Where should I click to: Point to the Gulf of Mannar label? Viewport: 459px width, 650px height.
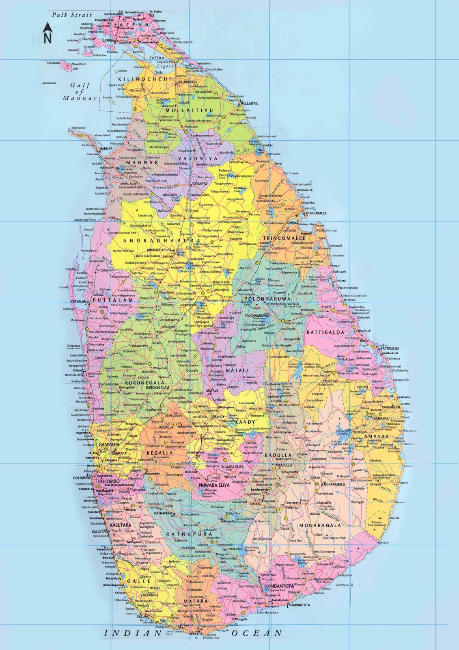tap(80, 91)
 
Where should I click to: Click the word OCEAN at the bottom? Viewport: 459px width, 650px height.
tap(256, 633)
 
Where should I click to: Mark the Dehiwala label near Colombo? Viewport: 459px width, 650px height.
tap(86, 489)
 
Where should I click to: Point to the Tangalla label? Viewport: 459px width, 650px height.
tap(242, 620)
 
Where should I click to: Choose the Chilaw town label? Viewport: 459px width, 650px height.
tap(77, 370)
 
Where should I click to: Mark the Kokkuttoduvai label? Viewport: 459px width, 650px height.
tap(267, 136)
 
